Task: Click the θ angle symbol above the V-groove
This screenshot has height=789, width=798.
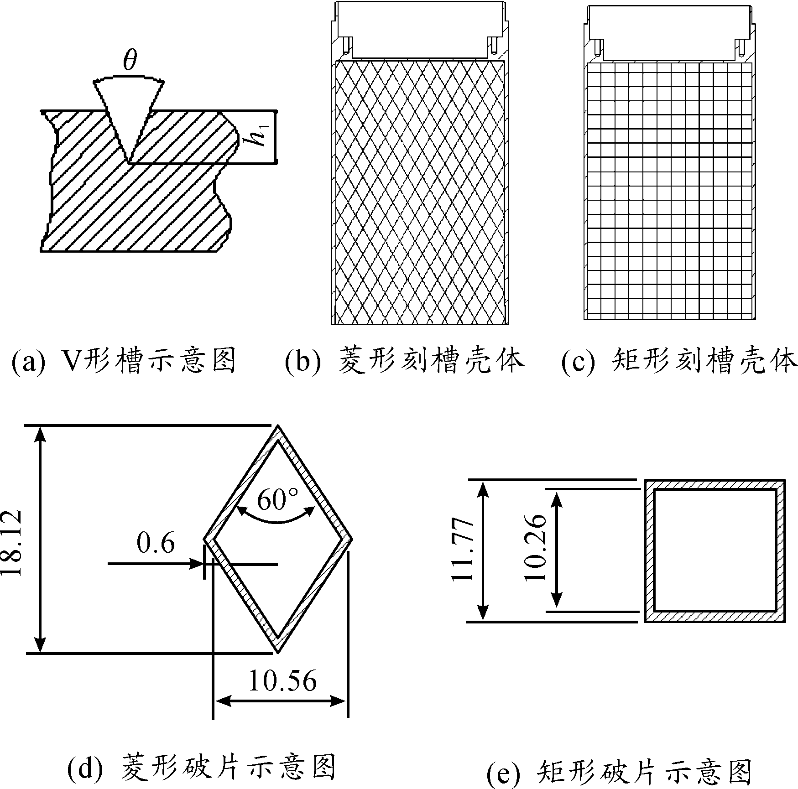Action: tap(130, 61)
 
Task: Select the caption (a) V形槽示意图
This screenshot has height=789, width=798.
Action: tap(124, 361)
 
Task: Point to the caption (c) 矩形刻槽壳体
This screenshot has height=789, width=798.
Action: tap(679, 361)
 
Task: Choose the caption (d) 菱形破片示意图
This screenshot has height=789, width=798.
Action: tap(201, 768)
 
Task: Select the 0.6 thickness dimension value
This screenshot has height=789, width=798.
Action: tap(155, 543)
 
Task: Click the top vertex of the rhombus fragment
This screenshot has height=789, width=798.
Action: tap(277, 427)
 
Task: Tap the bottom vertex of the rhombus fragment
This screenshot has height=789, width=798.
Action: tap(277, 652)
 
